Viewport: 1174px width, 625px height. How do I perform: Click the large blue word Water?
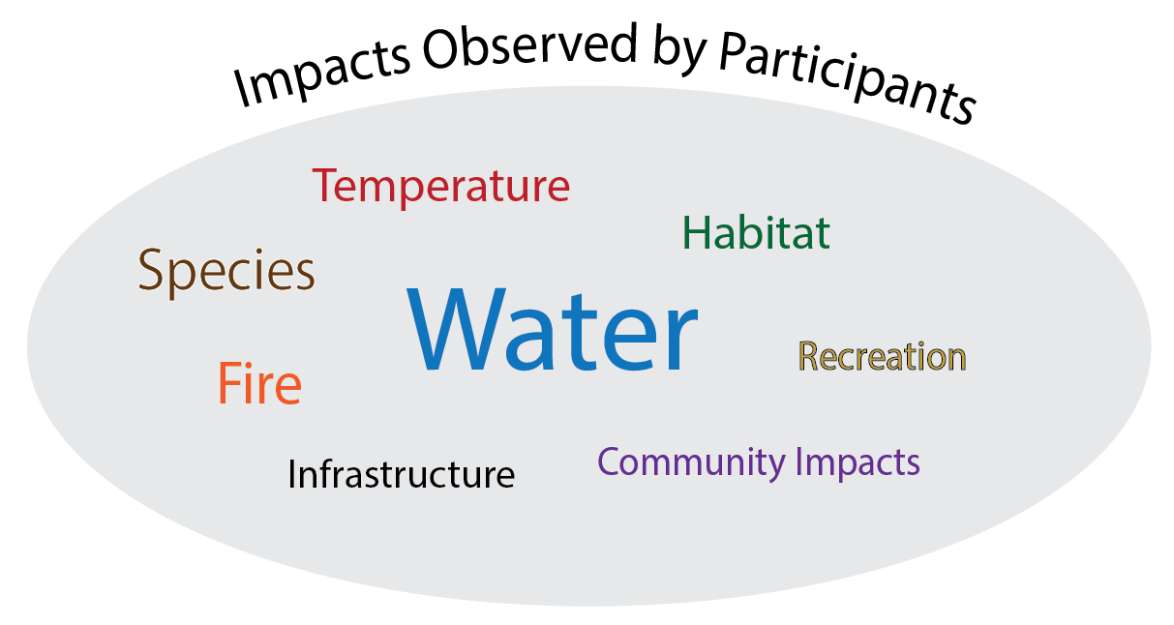[553, 328]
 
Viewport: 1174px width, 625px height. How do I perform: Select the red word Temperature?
[440, 186]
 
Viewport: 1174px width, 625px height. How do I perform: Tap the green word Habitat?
[756, 232]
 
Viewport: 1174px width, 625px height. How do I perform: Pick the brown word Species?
[226, 273]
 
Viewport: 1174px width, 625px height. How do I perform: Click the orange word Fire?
[259, 383]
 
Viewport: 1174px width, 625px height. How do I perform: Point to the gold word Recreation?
[882, 357]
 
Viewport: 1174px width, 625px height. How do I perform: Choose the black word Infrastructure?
[401, 474]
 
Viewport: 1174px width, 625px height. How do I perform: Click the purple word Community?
[691, 463]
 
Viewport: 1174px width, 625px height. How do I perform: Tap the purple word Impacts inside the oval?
[858, 463]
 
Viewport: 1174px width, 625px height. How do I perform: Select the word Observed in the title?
[529, 46]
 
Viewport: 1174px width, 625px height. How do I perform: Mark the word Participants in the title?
[847, 78]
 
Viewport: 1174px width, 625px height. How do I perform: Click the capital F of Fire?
[229, 383]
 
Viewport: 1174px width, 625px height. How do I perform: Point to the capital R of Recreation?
[809, 356]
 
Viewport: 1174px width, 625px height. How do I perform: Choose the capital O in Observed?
[444, 49]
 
